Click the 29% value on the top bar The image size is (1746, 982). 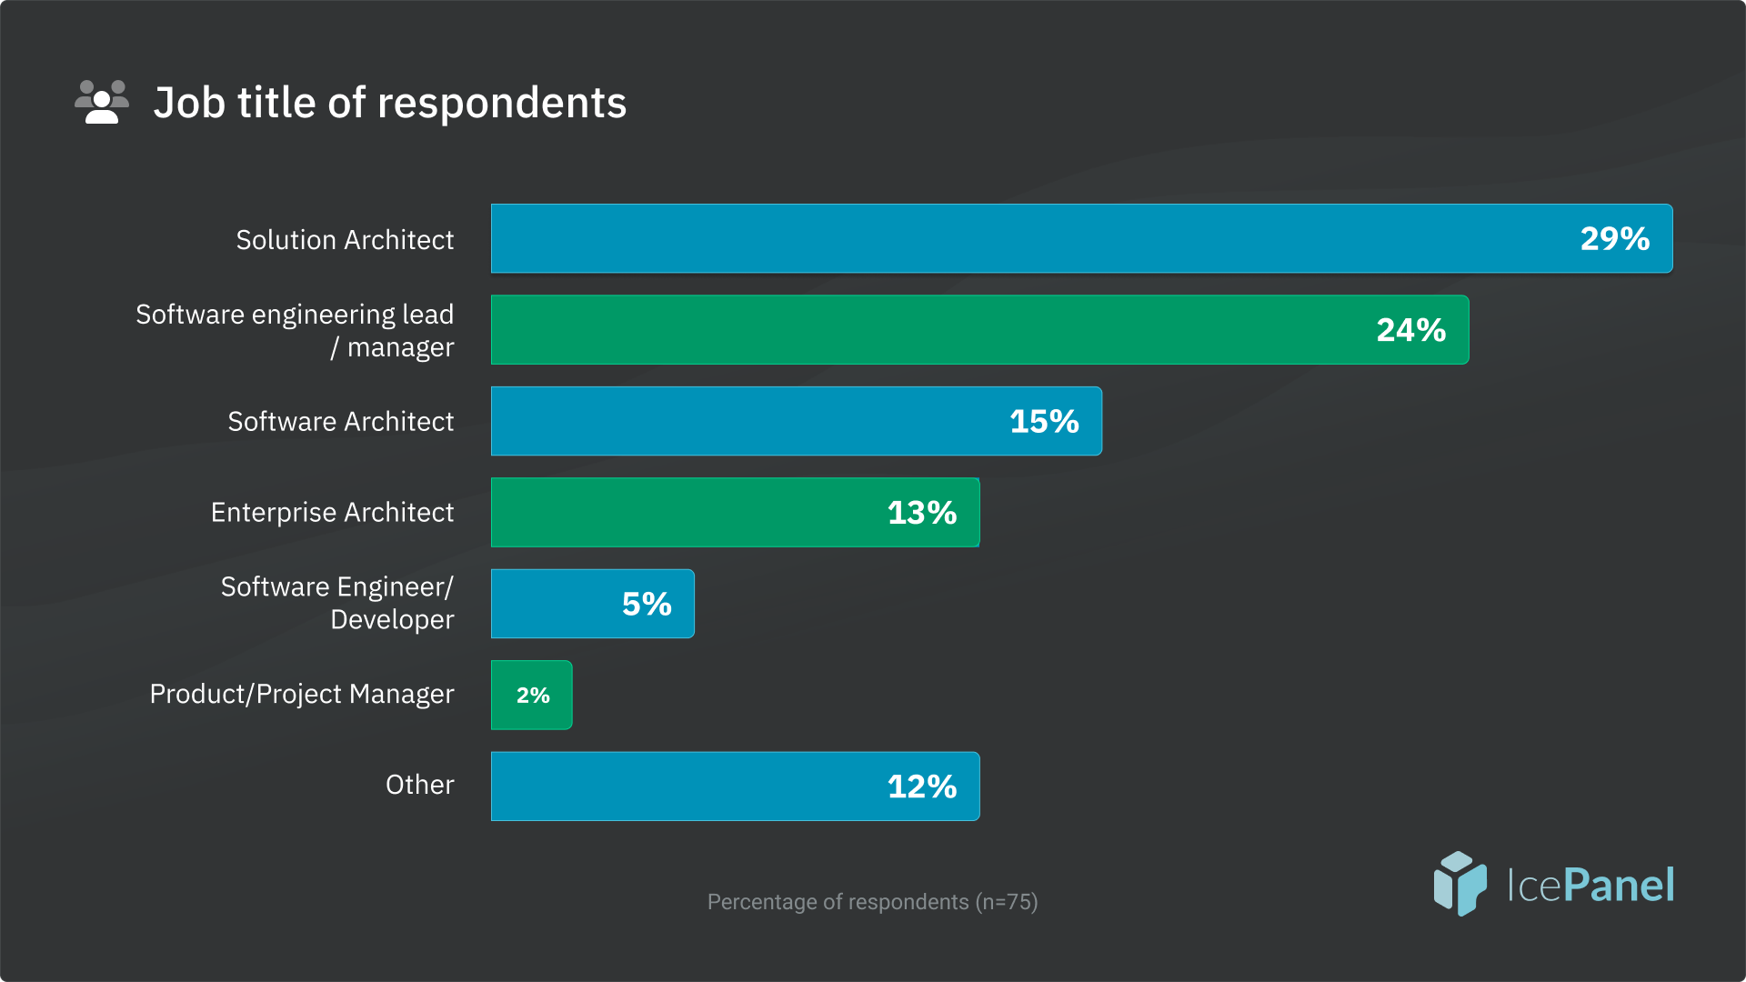[x=1614, y=239]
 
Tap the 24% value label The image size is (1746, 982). [x=1410, y=330]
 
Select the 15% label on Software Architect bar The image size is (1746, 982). [x=1044, y=422]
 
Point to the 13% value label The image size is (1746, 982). [x=921, y=513]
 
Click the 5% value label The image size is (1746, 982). [x=647, y=605]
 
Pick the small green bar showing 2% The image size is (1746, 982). [x=532, y=696]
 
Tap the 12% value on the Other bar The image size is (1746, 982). [x=921, y=787]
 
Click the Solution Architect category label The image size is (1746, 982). [x=345, y=240]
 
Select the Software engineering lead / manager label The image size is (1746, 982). [x=295, y=331]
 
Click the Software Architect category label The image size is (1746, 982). [x=340, y=422]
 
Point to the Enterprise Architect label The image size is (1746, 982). [x=332, y=513]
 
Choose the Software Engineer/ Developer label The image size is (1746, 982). [x=337, y=604]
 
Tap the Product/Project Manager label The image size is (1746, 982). [x=301, y=695]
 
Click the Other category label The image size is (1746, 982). [x=419, y=785]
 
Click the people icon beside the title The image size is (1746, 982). [x=101, y=102]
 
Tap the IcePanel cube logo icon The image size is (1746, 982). [x=1460, y=883]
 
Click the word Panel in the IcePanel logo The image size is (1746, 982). [x=1619, y=885]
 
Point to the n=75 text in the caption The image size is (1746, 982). [x=1006, y=902]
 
